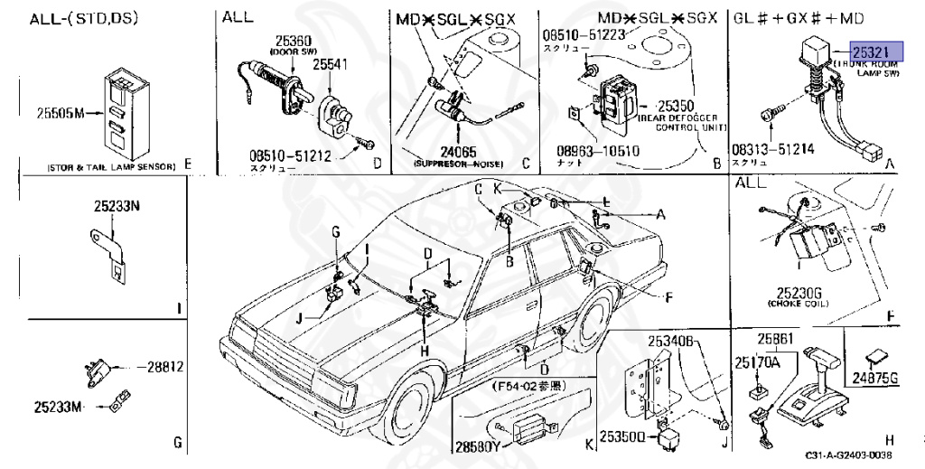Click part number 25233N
pyautogui.click(x=117, y=205)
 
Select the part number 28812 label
pyautogui.click(x=165, y=367)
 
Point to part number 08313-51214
pyautogui.click(x=773, y=151)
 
